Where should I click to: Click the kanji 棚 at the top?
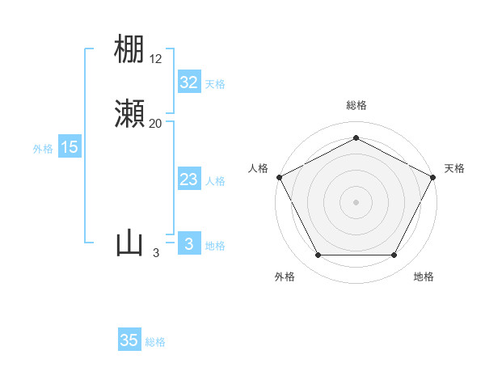[129, 49]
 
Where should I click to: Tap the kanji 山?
[129, 243]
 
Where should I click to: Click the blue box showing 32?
[188, 82]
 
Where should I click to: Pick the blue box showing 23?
[188, 179]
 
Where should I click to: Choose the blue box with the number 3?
[188, 244]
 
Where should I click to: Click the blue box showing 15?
[70, 147]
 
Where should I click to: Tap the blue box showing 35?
[129, 340]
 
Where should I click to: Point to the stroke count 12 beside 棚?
[156, 58]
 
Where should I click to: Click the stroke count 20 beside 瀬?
[156, 124]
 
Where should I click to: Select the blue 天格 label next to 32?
[215, 84]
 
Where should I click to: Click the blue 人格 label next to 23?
[215, 181]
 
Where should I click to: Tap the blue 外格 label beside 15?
[43, 149]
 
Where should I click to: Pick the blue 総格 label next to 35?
[155, 342]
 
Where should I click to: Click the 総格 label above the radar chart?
[356, 105]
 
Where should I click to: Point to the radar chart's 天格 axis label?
[454, 168]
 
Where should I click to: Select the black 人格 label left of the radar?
[258, 168]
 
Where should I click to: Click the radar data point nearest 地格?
[394, 255]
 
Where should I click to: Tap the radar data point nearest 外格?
[318, 255]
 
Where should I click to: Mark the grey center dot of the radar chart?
[356, 201]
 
